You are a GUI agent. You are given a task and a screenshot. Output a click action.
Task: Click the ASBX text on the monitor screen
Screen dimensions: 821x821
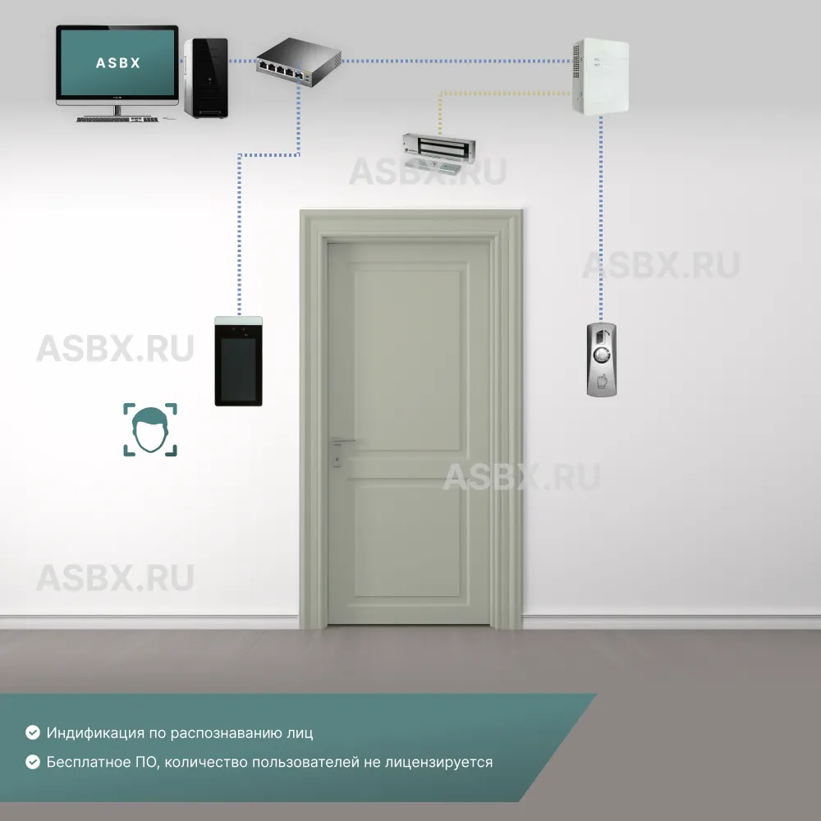pos(117,62)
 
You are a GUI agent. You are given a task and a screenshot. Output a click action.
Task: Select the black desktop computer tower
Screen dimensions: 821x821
pos(205,78)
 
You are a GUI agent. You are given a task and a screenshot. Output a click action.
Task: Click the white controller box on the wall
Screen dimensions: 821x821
pos(600,76)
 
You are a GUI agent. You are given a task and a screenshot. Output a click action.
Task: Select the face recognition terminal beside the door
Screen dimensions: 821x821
pos(238,361)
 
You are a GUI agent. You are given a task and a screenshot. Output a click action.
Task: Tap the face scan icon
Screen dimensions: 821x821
pos(150,429)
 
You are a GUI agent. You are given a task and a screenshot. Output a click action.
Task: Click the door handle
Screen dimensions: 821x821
pos(340,443)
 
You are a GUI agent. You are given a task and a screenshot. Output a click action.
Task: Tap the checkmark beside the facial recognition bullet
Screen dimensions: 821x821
pos(33,732)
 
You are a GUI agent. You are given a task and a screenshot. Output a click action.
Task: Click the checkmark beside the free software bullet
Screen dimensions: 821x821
pos(33,762)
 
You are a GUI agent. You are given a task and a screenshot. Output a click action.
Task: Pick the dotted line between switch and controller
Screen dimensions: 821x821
pos(456,61)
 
